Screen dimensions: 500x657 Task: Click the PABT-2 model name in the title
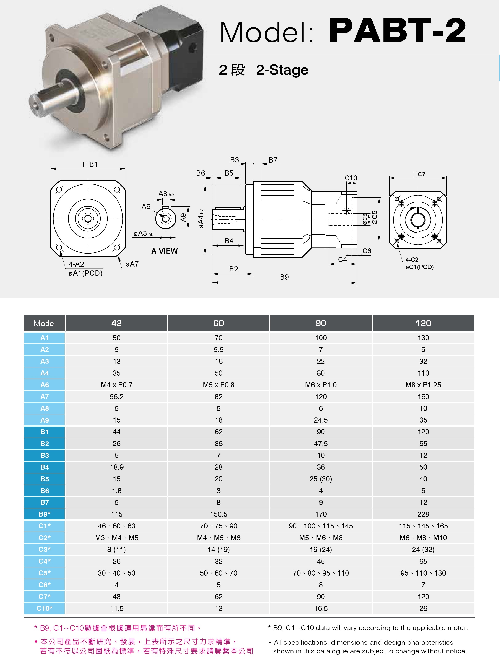click(397, 31)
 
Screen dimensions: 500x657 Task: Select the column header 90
click(321, 323)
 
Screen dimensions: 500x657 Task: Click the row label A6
click(44, 385)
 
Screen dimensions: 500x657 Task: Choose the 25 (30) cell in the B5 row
click(321, 479)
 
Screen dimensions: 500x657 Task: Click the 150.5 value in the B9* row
click(218, 514)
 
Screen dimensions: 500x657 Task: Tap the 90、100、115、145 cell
click(321, 526)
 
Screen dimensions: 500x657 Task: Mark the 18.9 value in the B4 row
click(117, 467)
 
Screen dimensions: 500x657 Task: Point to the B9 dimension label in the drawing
click(284, 277)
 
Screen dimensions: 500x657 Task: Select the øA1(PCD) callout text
click(85, 273)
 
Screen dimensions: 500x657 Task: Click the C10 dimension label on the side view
click(351, 178)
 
